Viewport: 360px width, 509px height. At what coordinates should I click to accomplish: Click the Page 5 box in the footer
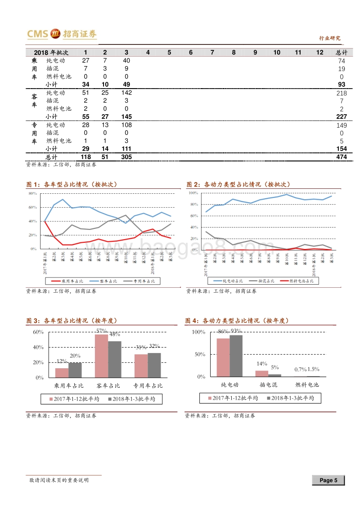[328, 480]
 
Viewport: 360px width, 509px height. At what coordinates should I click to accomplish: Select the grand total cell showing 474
[341, 157]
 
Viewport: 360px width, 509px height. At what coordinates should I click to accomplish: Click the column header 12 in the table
[319, 53]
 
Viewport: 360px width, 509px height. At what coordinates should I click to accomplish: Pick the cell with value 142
[126, 93]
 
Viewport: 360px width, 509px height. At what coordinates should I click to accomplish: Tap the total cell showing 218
[341, 93]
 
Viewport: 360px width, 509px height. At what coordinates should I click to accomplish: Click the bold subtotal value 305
[126, 157]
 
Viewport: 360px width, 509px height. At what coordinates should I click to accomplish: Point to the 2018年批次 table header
[50, 53]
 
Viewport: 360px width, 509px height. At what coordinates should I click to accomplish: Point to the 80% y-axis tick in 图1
[32, 193]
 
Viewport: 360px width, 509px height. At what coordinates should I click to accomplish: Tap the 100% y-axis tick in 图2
[193, 193]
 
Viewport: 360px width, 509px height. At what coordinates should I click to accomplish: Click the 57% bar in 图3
[102, 356]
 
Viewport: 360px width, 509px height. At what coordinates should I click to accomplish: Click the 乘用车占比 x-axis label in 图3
[69, 386]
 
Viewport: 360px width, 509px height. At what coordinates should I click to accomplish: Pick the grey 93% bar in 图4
[236, 355]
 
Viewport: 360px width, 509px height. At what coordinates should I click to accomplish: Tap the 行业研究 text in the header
[329, 38]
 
